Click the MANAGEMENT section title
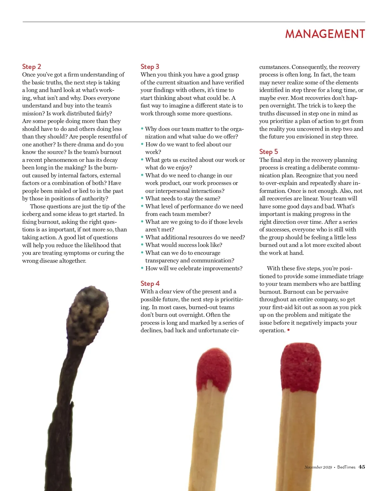(325, 34)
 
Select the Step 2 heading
(32, 67)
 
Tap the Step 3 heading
(150, 67)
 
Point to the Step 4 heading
(150, 284)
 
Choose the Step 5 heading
(269, 152)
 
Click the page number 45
(362, 467)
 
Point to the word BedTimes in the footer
(346, 467)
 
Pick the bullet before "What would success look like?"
(142, 245)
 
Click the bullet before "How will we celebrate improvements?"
(142, 268)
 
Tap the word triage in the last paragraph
(356, 276)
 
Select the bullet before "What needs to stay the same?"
(142, 198)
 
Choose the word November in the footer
(313, 467)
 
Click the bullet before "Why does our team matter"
(142, 129)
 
